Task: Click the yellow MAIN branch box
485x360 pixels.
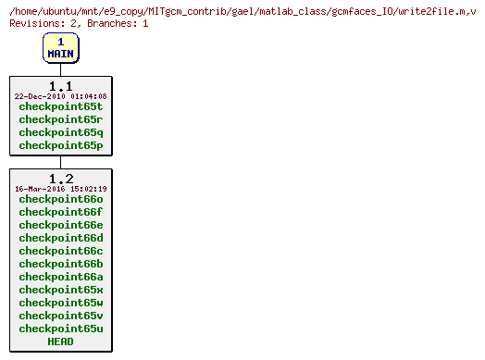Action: pos(61,47)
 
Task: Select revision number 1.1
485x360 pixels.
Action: pos(61,86)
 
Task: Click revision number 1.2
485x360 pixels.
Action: pos(61,179)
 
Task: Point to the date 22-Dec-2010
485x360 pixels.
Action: pos(38,96)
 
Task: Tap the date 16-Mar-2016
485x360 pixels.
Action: pos(38,189)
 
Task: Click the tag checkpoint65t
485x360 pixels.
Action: pos(61,106)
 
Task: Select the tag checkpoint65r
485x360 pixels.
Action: pos(61,119)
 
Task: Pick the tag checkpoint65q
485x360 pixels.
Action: pos(61,132)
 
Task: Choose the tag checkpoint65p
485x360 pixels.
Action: pos(61,145)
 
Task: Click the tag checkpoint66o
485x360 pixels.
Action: pos(61,199)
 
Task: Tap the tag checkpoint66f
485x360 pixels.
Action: pos(61,212)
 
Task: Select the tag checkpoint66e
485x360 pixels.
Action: pos(61,225)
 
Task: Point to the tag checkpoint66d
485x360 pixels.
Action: pos(61,238)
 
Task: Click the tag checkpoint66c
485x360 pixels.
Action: pos(61,251)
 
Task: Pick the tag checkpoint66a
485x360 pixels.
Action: pos(61,277)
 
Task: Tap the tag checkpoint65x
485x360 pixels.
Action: pos(61,290)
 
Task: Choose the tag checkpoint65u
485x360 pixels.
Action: pos(61,329)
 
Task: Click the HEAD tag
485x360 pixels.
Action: pos(61,341)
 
